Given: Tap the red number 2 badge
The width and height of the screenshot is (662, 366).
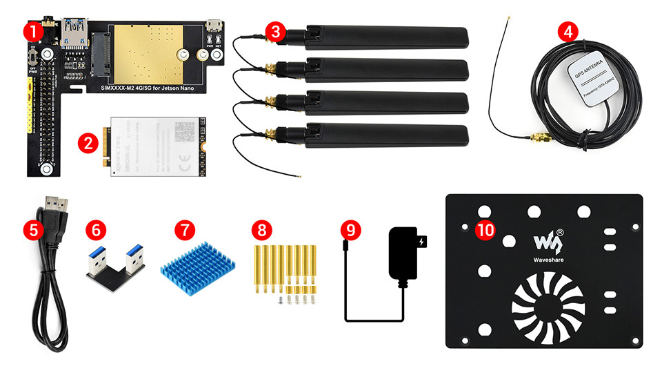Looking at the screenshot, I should pyautogui.click(x=88, y=144).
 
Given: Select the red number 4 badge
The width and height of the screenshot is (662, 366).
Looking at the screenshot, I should pyautogui.click(x=568, y=32).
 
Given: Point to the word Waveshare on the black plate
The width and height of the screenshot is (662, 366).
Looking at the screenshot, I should pyautogui.click(x=549, y=261).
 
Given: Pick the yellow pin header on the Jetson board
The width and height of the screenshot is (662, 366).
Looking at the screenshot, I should pyautogui.click(x=30, y=104).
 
